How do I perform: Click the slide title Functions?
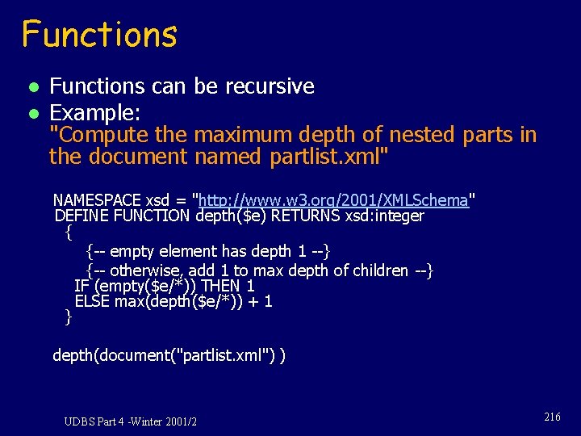click(x=99, y=35)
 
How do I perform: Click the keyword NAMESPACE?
click(x=97, y=199)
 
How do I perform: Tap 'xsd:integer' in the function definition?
click(x=385, y=216)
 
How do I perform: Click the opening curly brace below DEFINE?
click(x=68, y=233)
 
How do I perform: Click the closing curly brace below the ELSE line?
click(x=68, y=317)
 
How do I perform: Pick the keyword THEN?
click(x=221, y=286)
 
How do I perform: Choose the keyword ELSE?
click(x=91, y=301)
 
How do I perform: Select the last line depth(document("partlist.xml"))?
click(x=169, y=354)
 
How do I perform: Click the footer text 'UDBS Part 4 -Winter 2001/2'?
click(x=131, y=421)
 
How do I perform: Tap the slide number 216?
click(x=552, y=417)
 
